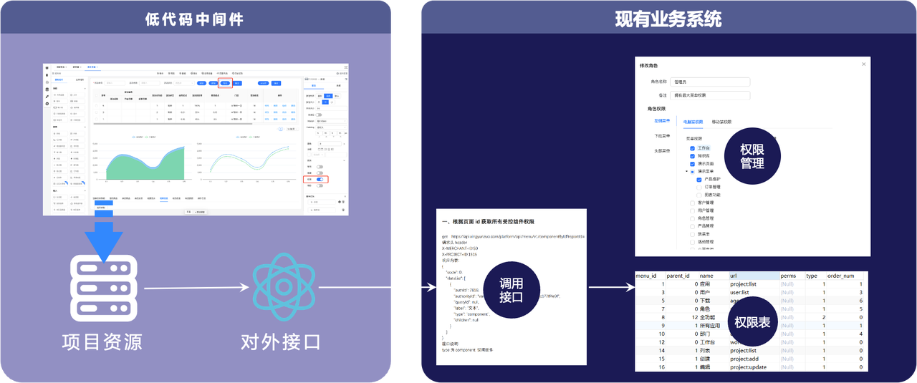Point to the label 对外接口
pyautogui.click(x=281, y=341)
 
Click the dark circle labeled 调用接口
pyautogui.click(x=511, y=289)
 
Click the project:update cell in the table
pyautogui.click(x=748, y=367)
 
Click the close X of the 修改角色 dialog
pyautogui.click(x=863, y=64)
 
